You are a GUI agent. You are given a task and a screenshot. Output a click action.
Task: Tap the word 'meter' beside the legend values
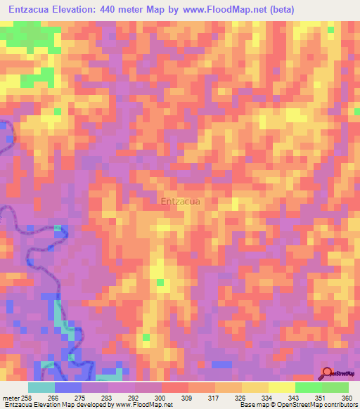click(x=11, y=397)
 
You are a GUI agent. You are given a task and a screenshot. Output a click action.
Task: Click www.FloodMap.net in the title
click(x=219, y=9)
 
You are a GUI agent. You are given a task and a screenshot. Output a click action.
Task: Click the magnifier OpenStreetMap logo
click(x=328, y=372)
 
